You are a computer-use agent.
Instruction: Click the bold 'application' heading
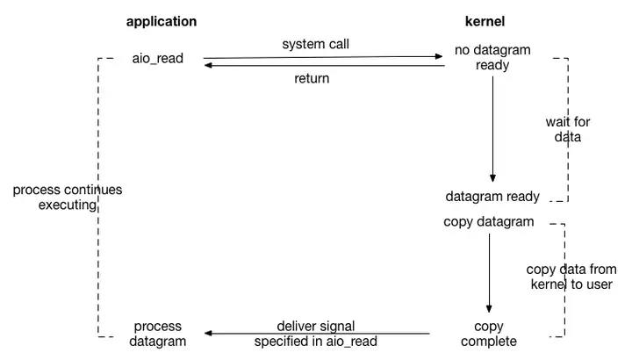[x=162, y=22]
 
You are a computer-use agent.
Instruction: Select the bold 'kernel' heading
[x=485, y=21]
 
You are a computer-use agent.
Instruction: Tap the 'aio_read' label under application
[x=158, y=59]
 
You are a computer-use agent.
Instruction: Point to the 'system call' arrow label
[x=316, y=44]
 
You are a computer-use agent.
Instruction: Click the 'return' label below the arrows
[x=312, y=78]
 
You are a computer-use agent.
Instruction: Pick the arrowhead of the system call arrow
[x=440, y=56]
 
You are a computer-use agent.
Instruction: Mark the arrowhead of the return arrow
[x=208, y=65]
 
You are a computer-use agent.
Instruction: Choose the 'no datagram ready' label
[x=492, y=57]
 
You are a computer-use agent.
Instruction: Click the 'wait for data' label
[x=568, y=129]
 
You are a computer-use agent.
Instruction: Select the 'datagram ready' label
[x=492, y=197]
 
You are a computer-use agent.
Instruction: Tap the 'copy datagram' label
[x=489, y=222]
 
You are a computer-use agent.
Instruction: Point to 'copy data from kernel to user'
[x=571, y=277]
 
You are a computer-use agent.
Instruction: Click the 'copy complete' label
[x=489, y=334]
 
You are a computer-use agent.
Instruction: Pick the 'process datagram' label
[x=158, y=334]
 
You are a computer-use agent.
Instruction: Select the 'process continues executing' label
[x=68, y=198]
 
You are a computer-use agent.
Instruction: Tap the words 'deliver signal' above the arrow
[x=316, y=326]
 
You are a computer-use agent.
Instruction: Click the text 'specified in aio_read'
[x=316, y=342]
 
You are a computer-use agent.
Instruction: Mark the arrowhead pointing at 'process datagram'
[x=208, y=333]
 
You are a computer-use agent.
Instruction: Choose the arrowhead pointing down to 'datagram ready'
[x=492, y=178]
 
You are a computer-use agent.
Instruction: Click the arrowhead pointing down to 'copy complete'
[x=489, y=309]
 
